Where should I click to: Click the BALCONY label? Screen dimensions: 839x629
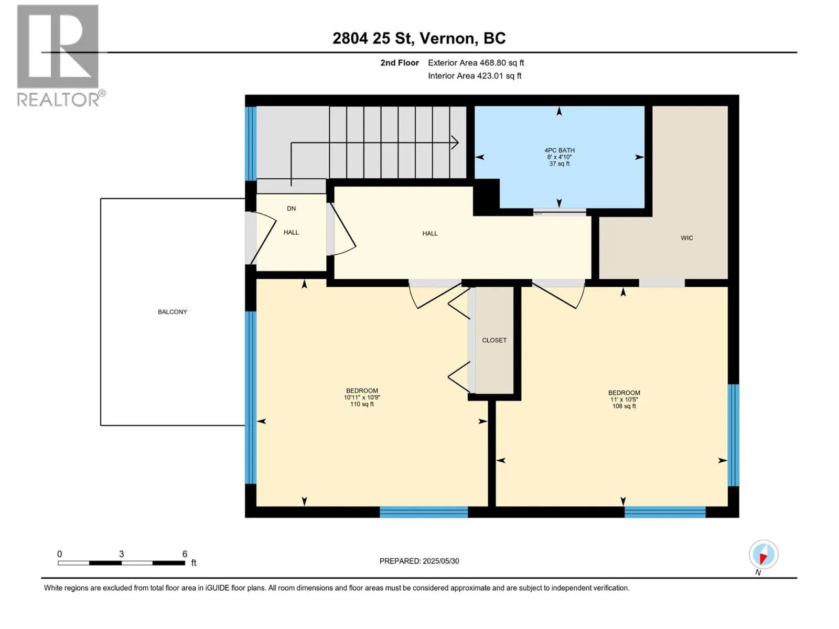tap(173, 312)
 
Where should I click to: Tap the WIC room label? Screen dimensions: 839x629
tap(686, 238)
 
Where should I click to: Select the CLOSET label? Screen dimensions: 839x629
tap(494, 340)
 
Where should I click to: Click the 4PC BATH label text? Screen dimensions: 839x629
tap(559, 150)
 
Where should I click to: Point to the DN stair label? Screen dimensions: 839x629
tap(291, 209)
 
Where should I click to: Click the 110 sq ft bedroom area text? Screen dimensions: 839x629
tap(362, 404)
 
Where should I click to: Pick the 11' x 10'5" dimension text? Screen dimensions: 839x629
tap(624, 399)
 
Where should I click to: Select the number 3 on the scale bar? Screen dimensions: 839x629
tap(121, 554)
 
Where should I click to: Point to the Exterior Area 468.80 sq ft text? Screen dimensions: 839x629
tap(476, 62)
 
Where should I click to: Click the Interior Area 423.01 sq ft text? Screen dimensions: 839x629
tap(475, 75)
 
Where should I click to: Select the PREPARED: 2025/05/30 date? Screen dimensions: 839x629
tap(419, 561)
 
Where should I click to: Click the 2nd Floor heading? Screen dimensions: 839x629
tap(400, 62)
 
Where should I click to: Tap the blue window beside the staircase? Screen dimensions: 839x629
tap(251, 143)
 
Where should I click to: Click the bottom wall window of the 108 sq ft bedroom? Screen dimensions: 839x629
tap(665, 512)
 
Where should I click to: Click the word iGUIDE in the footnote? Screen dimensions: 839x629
tap(216, 588)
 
